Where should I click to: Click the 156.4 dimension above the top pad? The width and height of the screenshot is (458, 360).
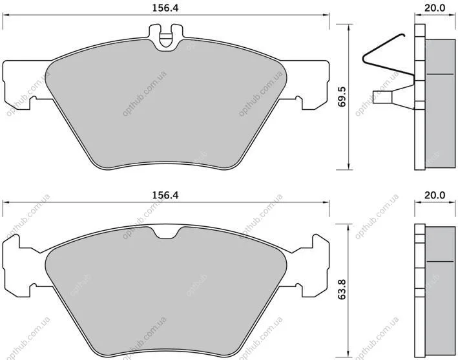165,8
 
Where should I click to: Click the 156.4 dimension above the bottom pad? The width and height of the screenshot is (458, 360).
165,195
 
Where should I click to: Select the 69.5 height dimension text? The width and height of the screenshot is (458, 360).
342,97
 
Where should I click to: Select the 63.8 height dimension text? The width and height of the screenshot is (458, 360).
342,290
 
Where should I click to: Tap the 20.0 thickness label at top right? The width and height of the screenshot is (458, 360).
435,8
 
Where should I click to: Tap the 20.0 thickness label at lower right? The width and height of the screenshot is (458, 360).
435,195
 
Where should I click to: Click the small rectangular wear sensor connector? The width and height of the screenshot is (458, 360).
382,97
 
